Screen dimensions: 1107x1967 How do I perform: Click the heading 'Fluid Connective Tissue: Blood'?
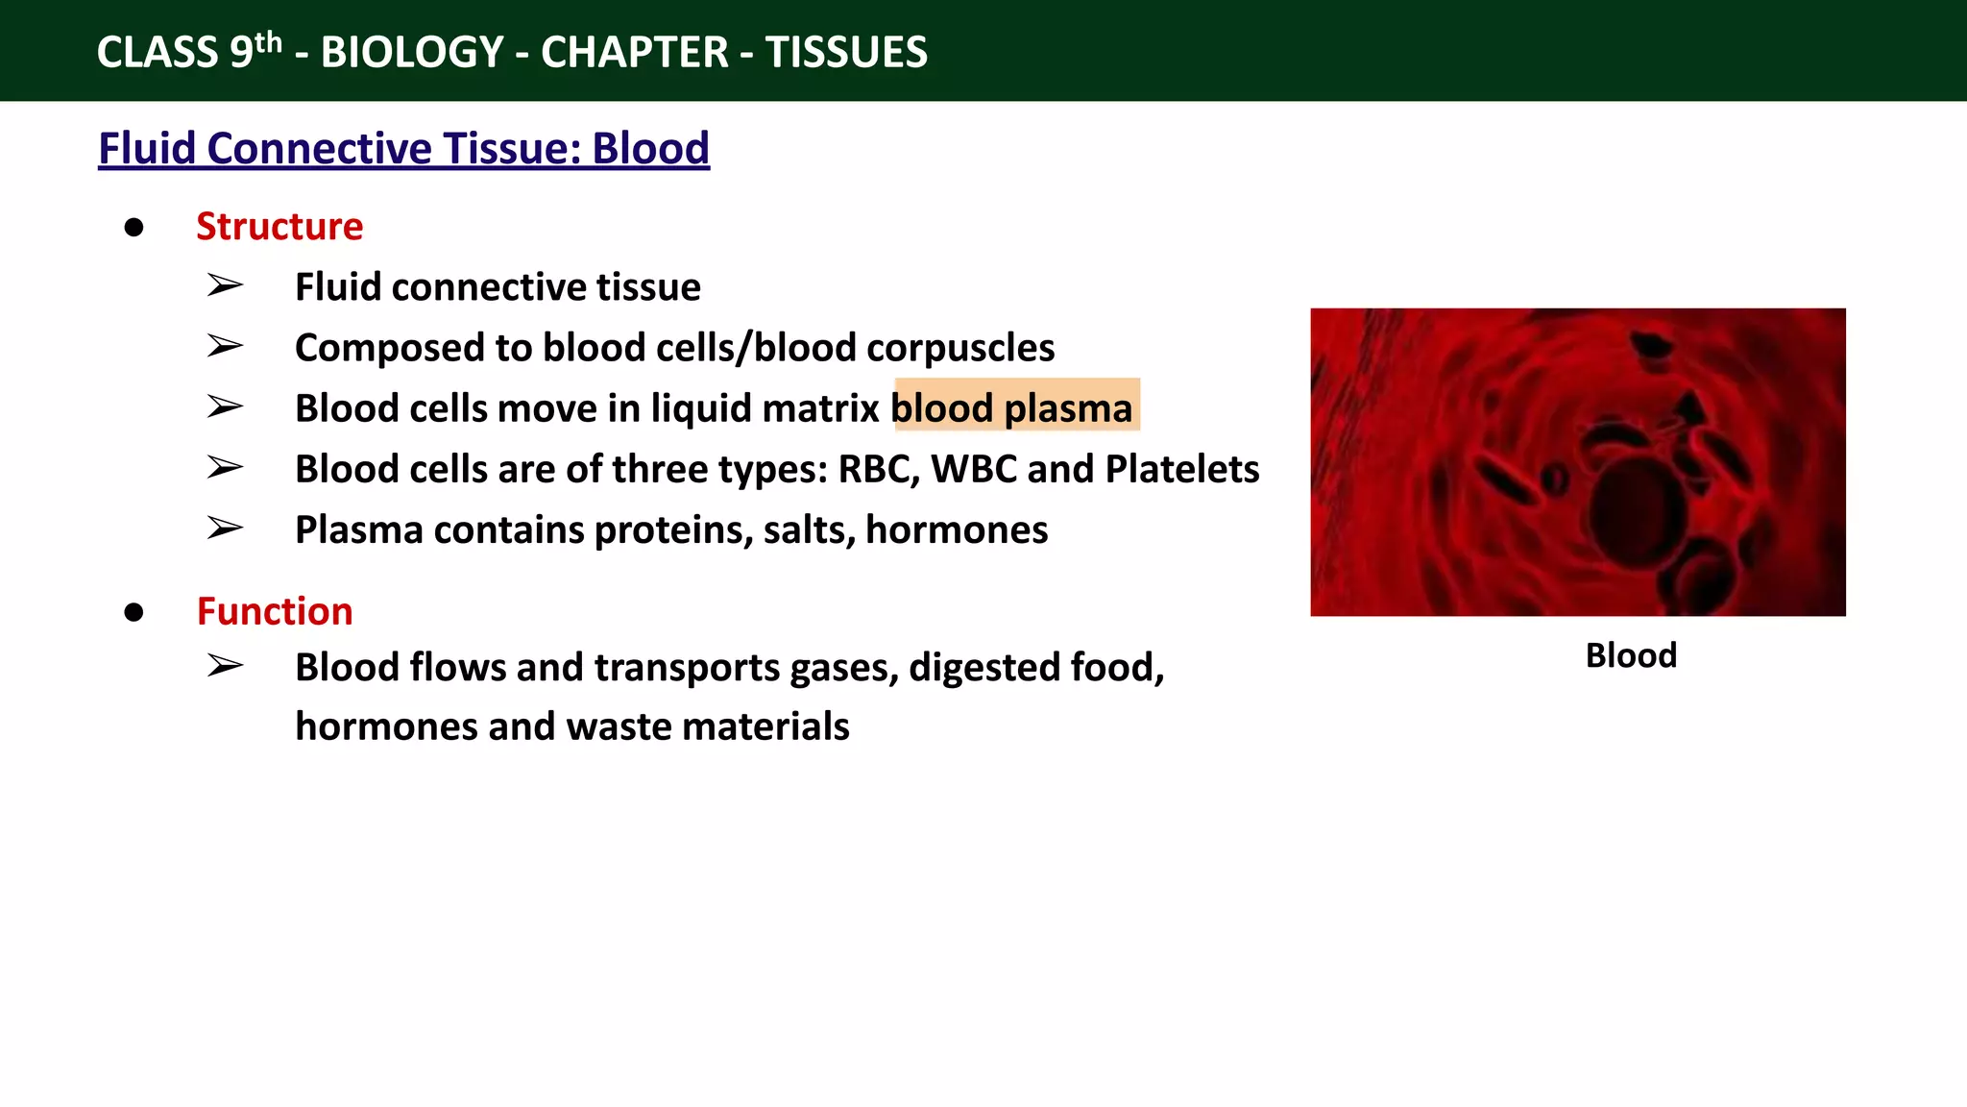[403, 149]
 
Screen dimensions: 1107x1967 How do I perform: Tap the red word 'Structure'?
[279, 227]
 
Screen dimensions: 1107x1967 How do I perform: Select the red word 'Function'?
[275, 612]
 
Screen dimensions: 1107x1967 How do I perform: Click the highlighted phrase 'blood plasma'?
[1013, 408]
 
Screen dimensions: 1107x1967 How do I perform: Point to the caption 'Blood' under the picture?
[1631, 655]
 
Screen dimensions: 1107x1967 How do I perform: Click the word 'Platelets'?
[1182, 469]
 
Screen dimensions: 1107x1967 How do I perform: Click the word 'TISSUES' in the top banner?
[846, 52]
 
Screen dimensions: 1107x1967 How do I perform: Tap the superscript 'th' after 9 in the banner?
[269, 42]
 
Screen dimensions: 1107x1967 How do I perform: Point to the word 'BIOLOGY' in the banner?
[412, 52]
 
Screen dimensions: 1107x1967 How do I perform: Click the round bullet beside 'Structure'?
[134, 228]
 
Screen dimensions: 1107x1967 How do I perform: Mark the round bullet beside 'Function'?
[134, 613]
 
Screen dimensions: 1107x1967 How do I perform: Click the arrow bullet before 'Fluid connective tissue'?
[225, 285]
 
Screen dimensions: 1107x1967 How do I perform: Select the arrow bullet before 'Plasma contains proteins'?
[225, 529]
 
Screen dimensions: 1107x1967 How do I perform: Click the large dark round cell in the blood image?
[1638, 509]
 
